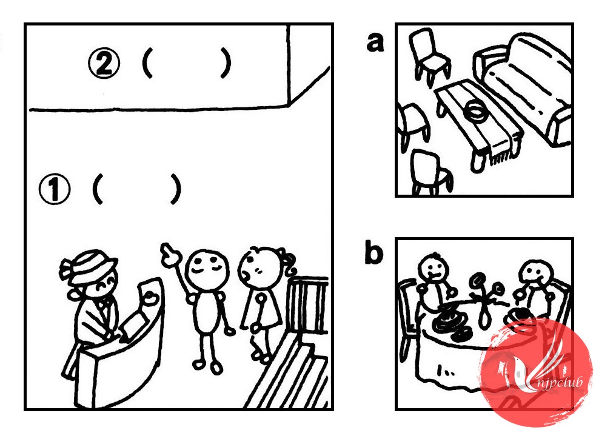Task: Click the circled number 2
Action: pos(104,64)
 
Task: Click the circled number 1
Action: pos(55,189)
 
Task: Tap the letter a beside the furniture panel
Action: pos(375,42)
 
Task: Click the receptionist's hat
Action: pos(88,266)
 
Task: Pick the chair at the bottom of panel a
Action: pos(432,172)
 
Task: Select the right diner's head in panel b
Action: pos(536,274)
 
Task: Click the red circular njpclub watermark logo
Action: pos(536,371)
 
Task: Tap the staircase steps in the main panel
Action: pos(293,372)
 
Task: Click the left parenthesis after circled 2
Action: pos(148,64)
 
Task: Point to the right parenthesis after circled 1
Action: pos(176,189)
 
